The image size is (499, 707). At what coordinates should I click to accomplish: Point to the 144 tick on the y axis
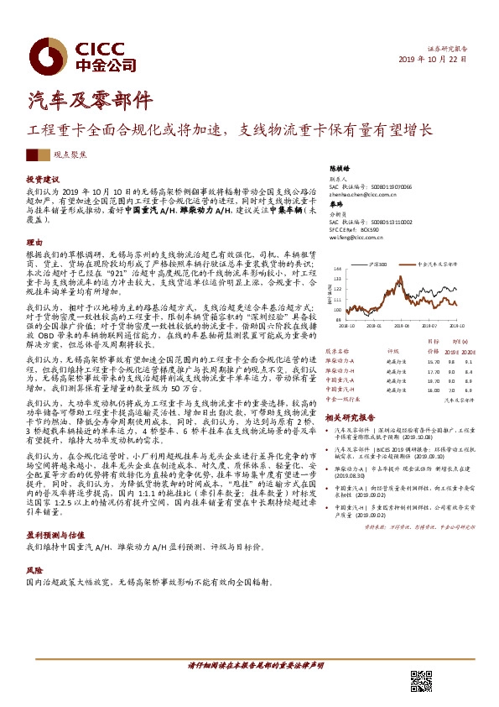(336, 269)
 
